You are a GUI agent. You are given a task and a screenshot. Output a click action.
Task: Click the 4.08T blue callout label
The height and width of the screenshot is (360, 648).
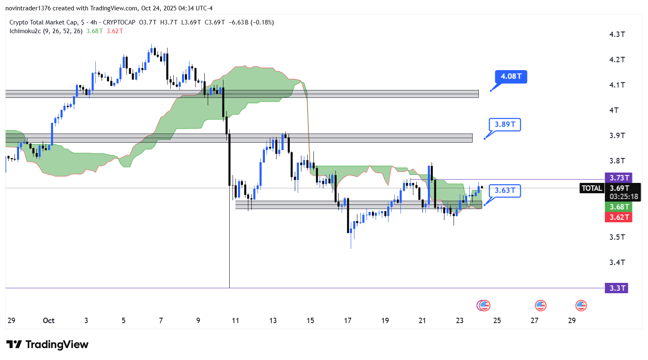[511, 76]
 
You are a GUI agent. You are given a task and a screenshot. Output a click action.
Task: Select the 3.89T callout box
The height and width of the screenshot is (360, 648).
[505, 124]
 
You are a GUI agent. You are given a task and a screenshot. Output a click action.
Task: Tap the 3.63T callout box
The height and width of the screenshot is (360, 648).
[505, 190]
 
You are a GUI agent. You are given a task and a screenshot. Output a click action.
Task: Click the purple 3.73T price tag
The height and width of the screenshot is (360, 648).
[619, 178]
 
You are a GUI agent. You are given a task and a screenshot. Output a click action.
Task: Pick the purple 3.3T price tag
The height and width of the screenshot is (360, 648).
[616, 288]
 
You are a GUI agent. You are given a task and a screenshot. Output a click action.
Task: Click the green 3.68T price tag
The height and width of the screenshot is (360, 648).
[619, 207]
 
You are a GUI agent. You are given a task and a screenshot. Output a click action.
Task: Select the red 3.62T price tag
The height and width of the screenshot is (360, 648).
[619, 217]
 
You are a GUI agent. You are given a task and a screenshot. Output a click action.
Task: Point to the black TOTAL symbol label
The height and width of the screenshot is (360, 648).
[592, 188]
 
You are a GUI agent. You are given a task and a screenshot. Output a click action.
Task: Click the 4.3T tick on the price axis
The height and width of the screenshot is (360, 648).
[617, 34]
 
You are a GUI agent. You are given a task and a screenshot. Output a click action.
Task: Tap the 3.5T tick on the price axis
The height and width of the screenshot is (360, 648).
[617, 237]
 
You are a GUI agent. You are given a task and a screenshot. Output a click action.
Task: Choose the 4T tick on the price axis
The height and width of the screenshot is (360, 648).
[614, 110]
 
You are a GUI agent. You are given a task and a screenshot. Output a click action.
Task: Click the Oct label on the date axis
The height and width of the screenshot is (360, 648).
[49, 321]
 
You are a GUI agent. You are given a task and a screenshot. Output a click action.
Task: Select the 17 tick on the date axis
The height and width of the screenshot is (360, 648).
[347, 321]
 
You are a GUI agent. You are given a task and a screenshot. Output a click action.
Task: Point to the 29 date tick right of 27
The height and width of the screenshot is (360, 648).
[572, 321]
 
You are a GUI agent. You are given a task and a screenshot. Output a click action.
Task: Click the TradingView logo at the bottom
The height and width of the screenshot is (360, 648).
[47, 345]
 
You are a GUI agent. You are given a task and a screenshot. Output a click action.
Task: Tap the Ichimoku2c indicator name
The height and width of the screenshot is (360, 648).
[25, 31]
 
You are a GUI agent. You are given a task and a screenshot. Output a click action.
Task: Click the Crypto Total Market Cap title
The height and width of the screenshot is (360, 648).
[43, 22]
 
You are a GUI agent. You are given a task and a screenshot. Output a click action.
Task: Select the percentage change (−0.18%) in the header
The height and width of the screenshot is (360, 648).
[262, 22]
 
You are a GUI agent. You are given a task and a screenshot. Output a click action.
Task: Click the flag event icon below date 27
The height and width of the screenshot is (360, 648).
[540, 306]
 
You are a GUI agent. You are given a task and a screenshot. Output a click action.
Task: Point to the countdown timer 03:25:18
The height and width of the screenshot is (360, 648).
[624, 197]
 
